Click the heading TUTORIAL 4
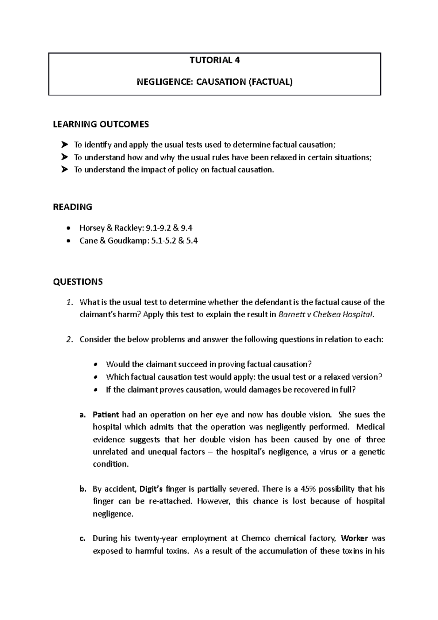tap(215, 61)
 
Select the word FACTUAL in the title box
tap(270, 82)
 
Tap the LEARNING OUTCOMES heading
tap(101, 125)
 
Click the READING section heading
tap(72, 207)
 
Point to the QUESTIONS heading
tap(78, 282)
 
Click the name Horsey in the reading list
tap(91, 228)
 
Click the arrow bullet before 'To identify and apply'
tap(65, 145)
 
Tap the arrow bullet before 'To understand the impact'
tap(65, 170)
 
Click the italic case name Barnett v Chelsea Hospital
tap(326, 315)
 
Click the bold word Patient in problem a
tap(106, 415)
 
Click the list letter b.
tap(82, 489)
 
